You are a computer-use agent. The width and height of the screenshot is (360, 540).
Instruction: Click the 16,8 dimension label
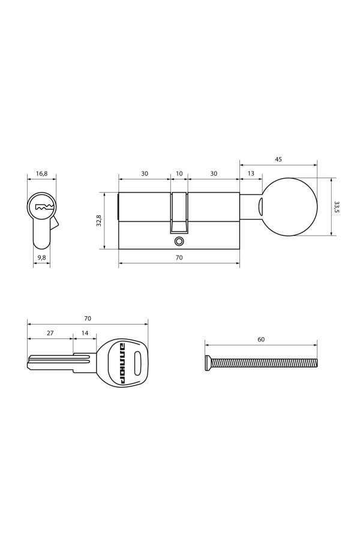tap(41, 173)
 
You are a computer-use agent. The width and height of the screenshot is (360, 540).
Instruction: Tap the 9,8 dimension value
tap(41, 257)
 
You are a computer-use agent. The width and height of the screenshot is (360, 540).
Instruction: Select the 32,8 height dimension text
tap(99, 221)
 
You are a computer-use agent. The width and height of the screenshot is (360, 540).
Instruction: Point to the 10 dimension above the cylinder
tap(179, 173)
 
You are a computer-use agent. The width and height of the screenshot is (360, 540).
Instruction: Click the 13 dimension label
tap(250, 173)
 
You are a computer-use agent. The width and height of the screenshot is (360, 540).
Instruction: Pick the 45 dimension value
tap(278, 160)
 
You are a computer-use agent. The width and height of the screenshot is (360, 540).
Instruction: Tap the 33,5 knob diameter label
tap(337, 207)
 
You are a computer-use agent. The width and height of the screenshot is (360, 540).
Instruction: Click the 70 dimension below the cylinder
tap(179, 257)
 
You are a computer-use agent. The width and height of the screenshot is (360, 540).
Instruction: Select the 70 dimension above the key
tap(88, 318)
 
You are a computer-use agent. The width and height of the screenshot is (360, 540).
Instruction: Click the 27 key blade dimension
tap(50, 332)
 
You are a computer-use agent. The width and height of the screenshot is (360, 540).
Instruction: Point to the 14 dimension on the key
tap(85, 332)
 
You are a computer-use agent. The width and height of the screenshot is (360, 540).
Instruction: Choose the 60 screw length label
tap(261, 339)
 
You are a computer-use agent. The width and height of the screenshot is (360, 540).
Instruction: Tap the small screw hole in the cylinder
tap(178, 241)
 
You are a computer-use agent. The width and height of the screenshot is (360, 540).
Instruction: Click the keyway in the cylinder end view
tap(44, 207)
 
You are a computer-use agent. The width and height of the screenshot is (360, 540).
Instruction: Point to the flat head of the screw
tap(208, 362)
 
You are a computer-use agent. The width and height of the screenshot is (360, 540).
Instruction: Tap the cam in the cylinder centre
tap(179, 213)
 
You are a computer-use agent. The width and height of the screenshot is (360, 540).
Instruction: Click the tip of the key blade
tap(30, 361)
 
